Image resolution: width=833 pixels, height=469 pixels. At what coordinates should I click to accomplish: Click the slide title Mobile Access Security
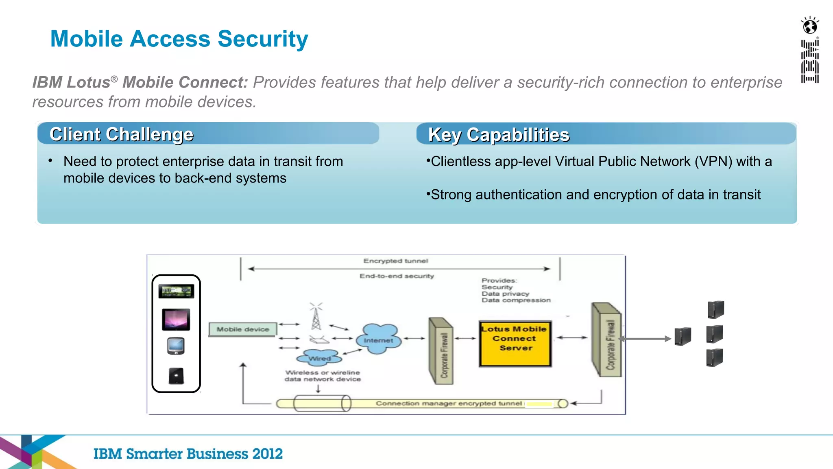(x=179, y=39)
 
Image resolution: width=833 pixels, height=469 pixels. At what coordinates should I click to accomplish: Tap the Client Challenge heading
(x=121, y=134)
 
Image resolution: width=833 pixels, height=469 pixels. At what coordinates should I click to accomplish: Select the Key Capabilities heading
(x=499, y=135)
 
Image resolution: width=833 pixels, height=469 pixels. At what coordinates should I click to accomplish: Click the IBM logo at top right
(x=810, y=61)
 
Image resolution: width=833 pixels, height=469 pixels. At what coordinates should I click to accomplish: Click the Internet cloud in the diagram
(x=379, y=340)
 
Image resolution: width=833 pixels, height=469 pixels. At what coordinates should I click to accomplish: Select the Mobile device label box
(x=243, y=329)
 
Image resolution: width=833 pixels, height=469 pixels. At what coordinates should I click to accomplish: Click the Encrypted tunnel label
(x=395, y=261)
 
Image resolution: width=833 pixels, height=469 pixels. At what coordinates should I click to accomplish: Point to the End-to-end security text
(x=397, y=276)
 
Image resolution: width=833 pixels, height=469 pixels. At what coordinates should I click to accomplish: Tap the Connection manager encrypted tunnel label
(x=448, y=403)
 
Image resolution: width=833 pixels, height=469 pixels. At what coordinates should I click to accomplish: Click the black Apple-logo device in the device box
(x=176, y=376)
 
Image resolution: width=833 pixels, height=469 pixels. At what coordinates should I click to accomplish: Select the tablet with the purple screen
(x=176, y=319)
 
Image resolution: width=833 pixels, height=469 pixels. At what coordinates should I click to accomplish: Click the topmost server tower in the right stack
(x=716, y=309)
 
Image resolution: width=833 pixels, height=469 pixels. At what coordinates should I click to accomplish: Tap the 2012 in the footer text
(x=267, y=454)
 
